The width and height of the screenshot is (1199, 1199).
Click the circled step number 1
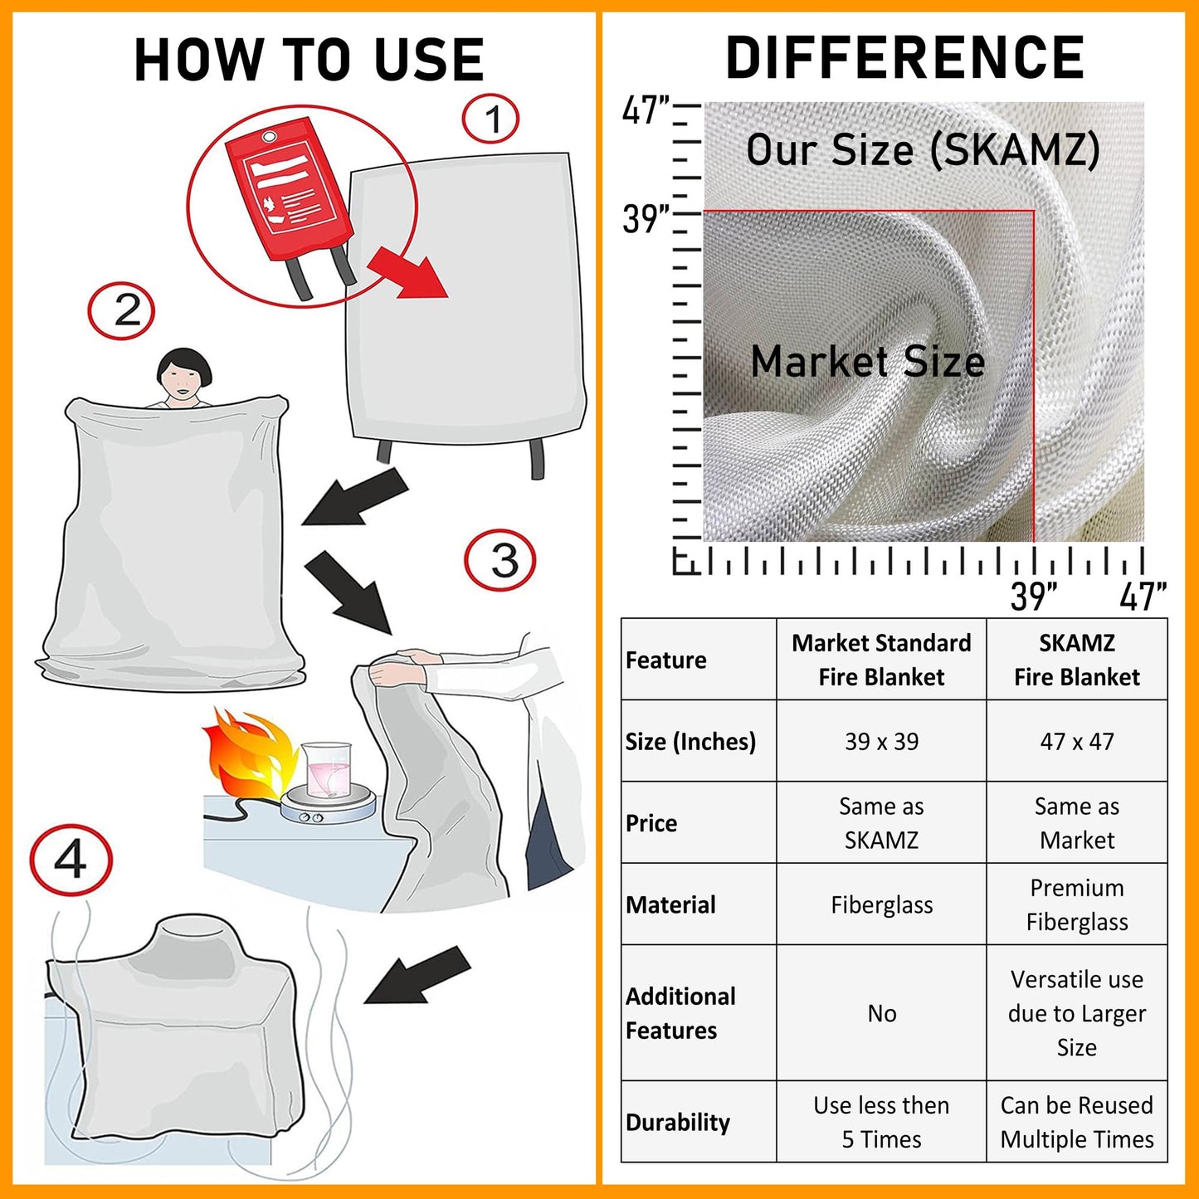coord(490,119)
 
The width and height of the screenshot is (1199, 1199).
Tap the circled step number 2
coord(122,311)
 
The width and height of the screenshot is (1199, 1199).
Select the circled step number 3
coord(500,560)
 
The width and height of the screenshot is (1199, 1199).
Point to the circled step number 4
coord(71,860)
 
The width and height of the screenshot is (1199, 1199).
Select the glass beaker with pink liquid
coord(326,771)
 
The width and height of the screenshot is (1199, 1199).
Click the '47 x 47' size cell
coord(1076,741)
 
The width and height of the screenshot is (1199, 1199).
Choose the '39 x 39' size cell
coord(881,741)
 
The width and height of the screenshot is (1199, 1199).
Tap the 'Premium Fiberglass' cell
coord(1076,904)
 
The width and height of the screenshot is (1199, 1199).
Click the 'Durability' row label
coord(678,1122)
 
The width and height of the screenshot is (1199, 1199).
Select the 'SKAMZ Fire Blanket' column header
coord(1076,660)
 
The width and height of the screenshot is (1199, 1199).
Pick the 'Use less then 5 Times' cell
coord(881,1122)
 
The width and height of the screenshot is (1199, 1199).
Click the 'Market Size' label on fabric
coord(867,363)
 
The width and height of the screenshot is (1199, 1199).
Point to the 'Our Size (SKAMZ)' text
coord(923,150)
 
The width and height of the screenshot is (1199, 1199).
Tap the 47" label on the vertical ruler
coord(646,110)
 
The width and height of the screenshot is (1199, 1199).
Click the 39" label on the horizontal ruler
coord(1033,596)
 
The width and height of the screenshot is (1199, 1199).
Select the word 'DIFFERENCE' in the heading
coord(904,58)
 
